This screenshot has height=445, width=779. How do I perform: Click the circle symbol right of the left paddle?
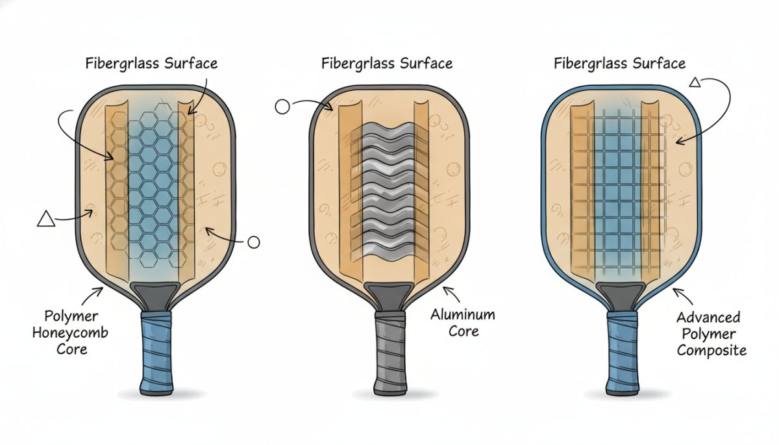[x=254, y=242]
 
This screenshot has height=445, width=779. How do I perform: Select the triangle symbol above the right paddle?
[x=695, y=82]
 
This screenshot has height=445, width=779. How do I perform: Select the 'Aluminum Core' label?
[x=463, y=323]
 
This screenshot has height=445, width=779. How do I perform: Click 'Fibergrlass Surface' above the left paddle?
[x=152, y=64]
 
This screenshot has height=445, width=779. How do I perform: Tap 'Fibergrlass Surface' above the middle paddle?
[x=387, y=64]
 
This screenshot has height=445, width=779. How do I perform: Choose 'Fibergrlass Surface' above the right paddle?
[x=620, y=64]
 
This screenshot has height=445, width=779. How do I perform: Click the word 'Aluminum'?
[x=463, y=315]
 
